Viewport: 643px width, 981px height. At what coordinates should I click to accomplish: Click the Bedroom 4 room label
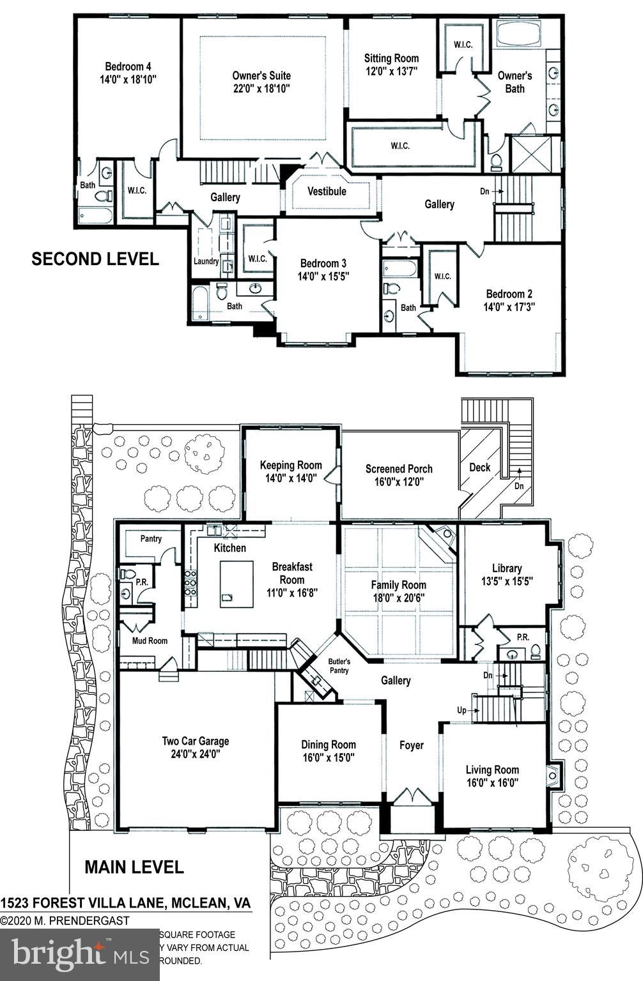(128, 66)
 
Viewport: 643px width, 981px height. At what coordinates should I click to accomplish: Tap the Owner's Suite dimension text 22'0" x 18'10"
(261, 89)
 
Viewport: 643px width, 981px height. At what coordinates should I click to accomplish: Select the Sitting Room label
(391, 58)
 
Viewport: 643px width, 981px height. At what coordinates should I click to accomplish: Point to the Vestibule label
(327, 191)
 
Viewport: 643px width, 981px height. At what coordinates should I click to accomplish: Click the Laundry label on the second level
(206, 261)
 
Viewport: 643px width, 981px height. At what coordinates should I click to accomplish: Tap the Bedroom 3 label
(323, 263)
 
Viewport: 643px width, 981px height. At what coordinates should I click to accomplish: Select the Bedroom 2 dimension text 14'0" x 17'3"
(509, 307)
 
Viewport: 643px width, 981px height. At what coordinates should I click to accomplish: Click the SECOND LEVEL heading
(95, 259)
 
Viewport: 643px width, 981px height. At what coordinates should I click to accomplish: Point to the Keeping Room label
(291, 465)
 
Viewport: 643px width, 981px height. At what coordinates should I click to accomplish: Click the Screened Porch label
(399, 469)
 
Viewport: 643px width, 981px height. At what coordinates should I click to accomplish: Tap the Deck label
(479, 467)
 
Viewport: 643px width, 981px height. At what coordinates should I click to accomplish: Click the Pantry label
(151, 538)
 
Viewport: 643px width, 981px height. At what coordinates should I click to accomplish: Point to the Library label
(506, 568)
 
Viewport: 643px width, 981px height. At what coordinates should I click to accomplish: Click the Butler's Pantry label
(339, 666)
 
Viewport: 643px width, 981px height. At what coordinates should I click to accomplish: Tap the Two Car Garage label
(195, 741)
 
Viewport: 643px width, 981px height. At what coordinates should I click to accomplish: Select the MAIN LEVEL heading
(134, 867)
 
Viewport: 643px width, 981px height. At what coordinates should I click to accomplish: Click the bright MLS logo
(79, 953)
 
